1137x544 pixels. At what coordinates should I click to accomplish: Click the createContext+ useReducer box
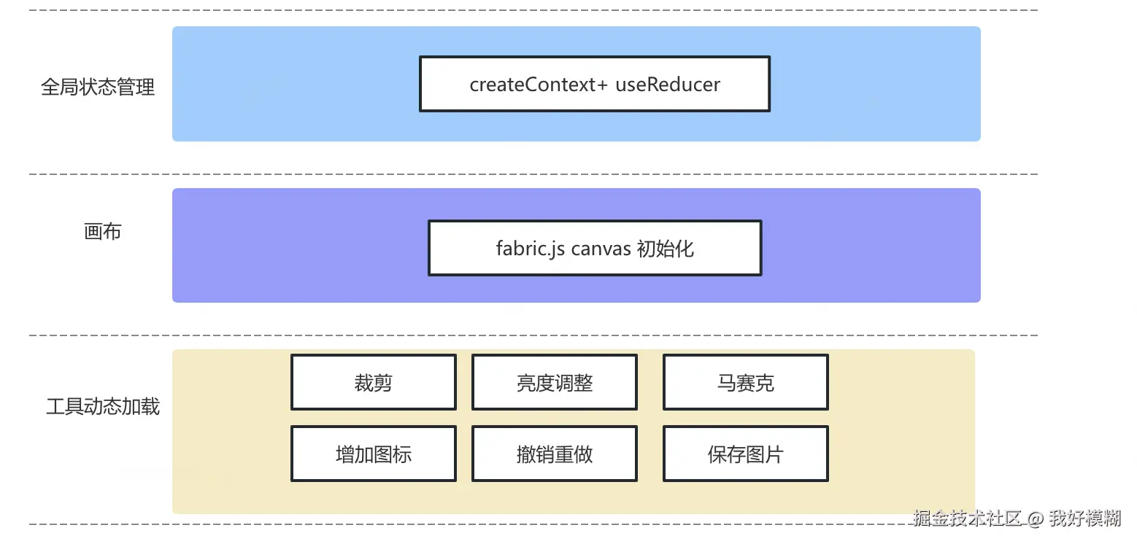(x=594, y=84)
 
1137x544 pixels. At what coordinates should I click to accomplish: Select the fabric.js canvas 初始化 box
(x=594, y=248)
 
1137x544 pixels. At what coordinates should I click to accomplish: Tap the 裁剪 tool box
(x=373, y=382)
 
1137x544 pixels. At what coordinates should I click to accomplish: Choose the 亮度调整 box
(x=554, y=382)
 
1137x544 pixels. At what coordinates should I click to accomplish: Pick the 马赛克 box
(x=745, y=382)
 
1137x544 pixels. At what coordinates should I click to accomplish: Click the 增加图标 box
(x=373, y=454)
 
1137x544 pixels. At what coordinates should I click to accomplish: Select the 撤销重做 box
(x=554, y=454)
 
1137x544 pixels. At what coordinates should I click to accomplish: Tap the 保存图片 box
(x=745, y=454)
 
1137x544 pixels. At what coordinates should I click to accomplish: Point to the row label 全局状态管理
(x=98, y=88)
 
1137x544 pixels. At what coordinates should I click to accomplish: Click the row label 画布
(x=102, y=232)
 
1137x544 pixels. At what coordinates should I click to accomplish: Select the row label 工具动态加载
(x=102, y=406)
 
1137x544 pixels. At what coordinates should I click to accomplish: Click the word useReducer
(x=667, y=85)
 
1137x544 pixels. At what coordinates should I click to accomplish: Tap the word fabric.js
(x=531, y=249)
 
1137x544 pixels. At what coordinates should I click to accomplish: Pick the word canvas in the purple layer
(x=601, y=249)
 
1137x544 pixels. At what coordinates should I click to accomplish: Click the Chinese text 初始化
(x=666, y=249)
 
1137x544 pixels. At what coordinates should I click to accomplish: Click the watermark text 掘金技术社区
(x=967, y=518)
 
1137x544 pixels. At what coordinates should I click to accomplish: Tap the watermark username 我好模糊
(x=1084, y=518)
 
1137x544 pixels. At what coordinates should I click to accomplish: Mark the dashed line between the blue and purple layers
(x=533, y=174)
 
